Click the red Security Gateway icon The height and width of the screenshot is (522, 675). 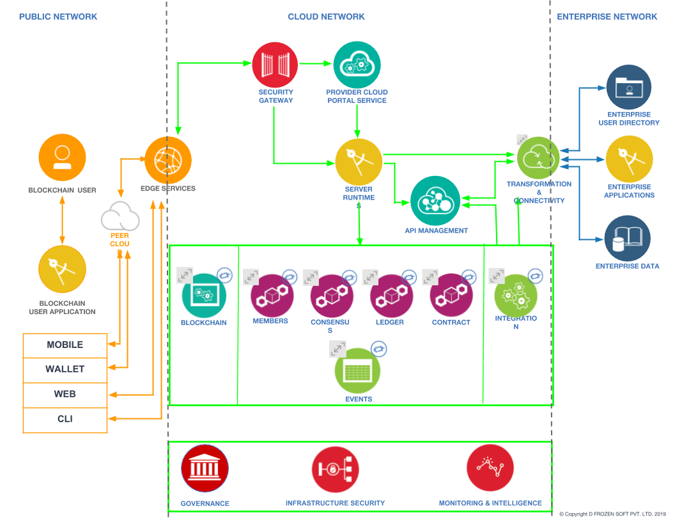pos(275,65)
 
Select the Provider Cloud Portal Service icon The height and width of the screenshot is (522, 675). pos(357,65)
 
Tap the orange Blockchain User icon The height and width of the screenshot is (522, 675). pos(62,156)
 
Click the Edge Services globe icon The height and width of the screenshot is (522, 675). pos(168,159)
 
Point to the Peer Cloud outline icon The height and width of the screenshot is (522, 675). pos(120,217)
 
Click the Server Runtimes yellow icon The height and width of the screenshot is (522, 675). pos(359,162)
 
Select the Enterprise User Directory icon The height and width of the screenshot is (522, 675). pos(628,88)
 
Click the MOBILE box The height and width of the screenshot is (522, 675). pos(65,345)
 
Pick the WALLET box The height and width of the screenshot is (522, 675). pos(65,369)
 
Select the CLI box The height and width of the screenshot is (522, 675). pos(65,419)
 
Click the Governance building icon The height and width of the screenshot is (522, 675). pos(205,468)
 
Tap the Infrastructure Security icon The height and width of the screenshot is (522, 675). pos(334,470)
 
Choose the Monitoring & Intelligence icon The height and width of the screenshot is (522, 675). pos(490,468)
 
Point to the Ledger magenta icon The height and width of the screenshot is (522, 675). pos(391,296)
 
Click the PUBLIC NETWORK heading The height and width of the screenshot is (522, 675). pos(58,17)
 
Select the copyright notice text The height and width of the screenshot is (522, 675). pos(612,514)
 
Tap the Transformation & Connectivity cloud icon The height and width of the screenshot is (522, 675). pos(538,158)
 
